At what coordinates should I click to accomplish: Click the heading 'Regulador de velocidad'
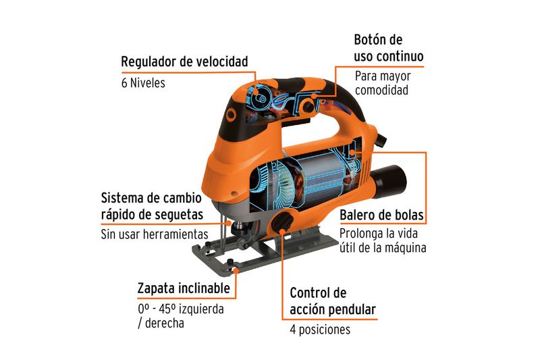[184, 62]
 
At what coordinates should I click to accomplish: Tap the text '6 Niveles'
[143, 83]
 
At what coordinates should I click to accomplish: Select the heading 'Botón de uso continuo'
[389, 48]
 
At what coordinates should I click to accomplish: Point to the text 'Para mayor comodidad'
[383, 83]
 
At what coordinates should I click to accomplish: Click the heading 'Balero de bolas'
[381, 215]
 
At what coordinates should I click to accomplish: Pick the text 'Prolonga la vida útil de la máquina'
[383, 240]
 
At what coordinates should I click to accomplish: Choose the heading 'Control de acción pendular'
[333, 301]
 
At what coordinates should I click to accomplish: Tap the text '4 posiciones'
[320, 330]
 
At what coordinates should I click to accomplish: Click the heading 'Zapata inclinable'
[184, 288]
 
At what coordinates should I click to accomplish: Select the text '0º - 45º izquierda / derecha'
[181, 316]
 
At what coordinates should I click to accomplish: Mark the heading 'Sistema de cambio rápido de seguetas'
[152, 207]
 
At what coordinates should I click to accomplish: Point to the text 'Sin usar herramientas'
[155, 234]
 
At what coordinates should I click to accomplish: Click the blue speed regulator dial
[259, 99]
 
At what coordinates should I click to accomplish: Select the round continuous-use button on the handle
[308, 105]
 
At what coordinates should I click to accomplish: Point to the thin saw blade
[223, 234]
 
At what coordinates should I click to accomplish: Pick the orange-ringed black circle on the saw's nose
[230, 115]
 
